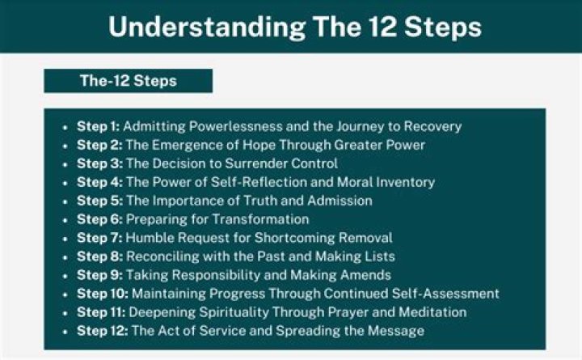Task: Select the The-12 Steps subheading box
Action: coord(128,81)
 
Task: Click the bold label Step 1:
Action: coord(98,126)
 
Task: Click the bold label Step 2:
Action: coord(98,145)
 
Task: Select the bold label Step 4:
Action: coord(98,182)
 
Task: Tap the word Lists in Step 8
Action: coord(377,256)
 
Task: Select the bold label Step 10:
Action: coord(101,294)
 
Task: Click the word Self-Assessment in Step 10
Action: coord(446,294)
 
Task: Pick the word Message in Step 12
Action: coord(397,331)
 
